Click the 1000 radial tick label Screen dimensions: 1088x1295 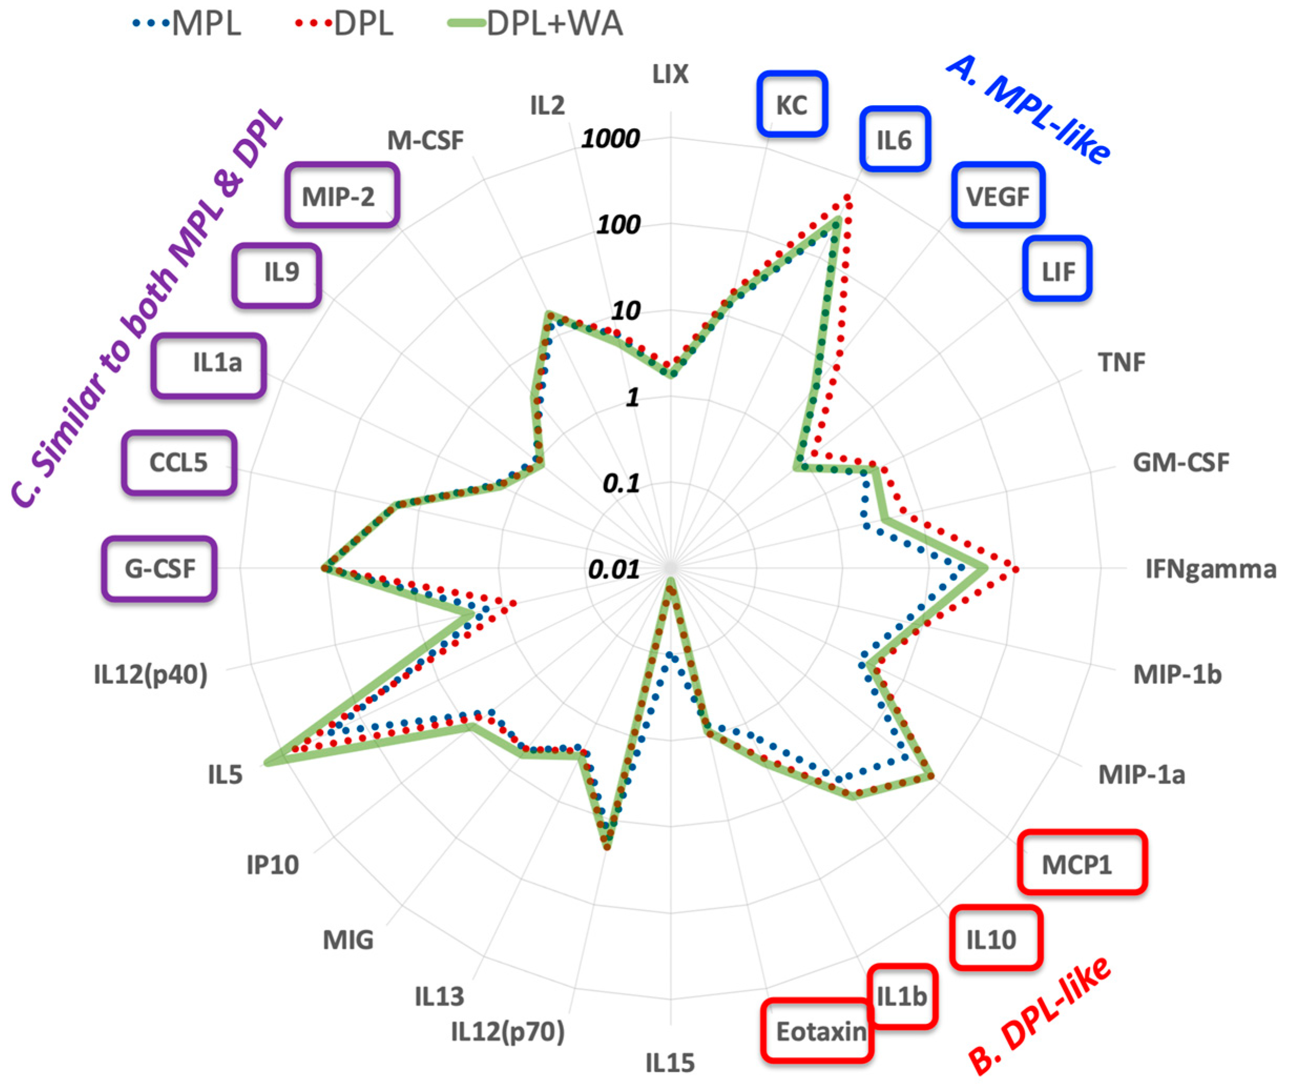pos(611,138)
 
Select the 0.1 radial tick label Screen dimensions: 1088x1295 pos(621,483)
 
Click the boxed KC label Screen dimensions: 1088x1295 pos(792,104)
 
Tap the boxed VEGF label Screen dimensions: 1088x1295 pos(998,196)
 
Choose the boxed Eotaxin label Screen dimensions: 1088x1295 pos(818,1031)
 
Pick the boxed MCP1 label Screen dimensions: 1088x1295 pos(1082,864)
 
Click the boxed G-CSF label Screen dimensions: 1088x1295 pos(160,568)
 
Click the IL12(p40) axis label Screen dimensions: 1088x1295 pos(151,674)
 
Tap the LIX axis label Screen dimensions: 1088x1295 pos(670,74)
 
